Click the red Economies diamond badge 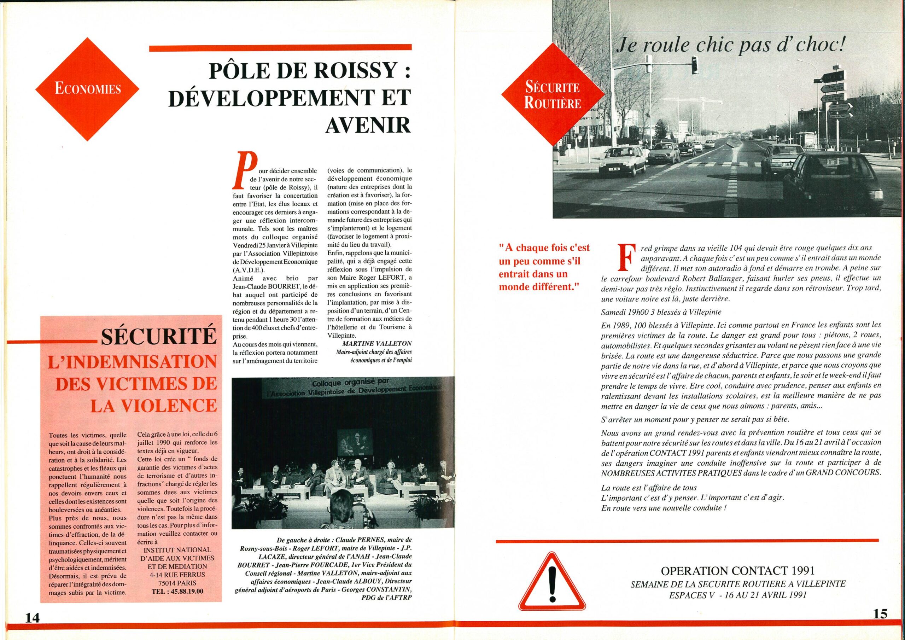(x=88, y=89)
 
